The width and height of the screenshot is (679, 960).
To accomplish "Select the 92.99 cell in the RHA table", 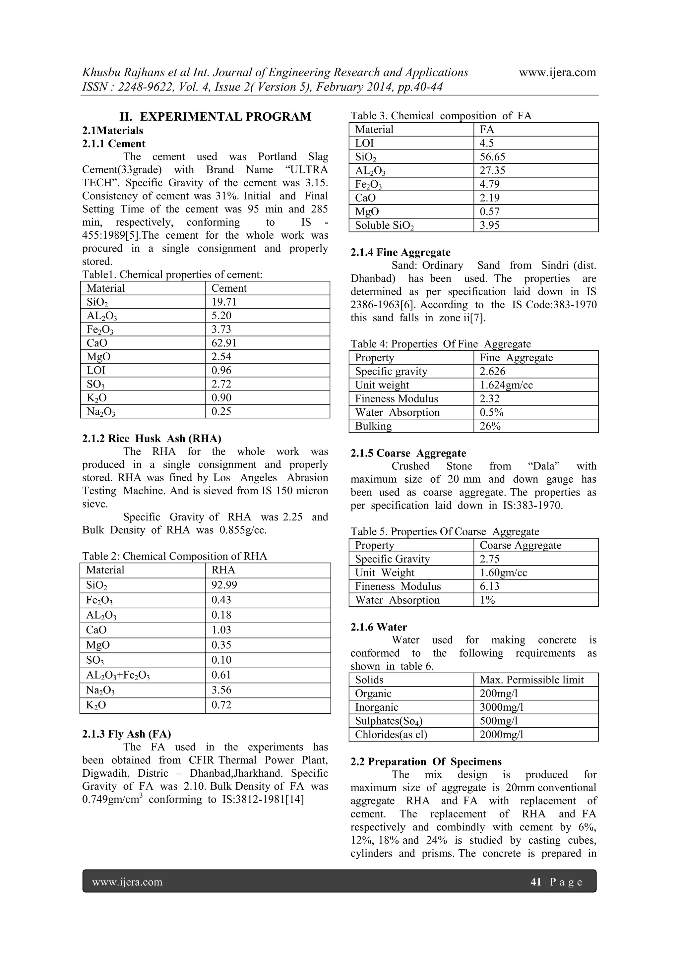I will (224, 585).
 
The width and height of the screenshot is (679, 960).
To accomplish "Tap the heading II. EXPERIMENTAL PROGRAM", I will (215, 117).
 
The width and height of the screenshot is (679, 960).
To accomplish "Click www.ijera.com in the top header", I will (557, 72).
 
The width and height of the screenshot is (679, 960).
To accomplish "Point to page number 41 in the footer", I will (535, 882).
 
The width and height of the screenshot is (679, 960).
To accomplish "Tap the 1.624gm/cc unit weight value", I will (506, 385).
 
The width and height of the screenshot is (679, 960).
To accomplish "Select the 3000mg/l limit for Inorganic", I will (501, 707).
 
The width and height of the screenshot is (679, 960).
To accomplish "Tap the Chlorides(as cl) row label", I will (391, 735).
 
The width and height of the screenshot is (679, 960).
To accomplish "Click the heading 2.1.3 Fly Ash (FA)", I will (126, 734).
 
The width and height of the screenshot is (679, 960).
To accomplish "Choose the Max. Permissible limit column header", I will (531, 680).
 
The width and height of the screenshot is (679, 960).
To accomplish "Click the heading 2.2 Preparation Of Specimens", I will (426, 762).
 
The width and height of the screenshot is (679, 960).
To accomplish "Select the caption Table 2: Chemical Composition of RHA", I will (174, 556).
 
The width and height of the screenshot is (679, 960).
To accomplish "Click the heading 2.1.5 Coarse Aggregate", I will (408, 453).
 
